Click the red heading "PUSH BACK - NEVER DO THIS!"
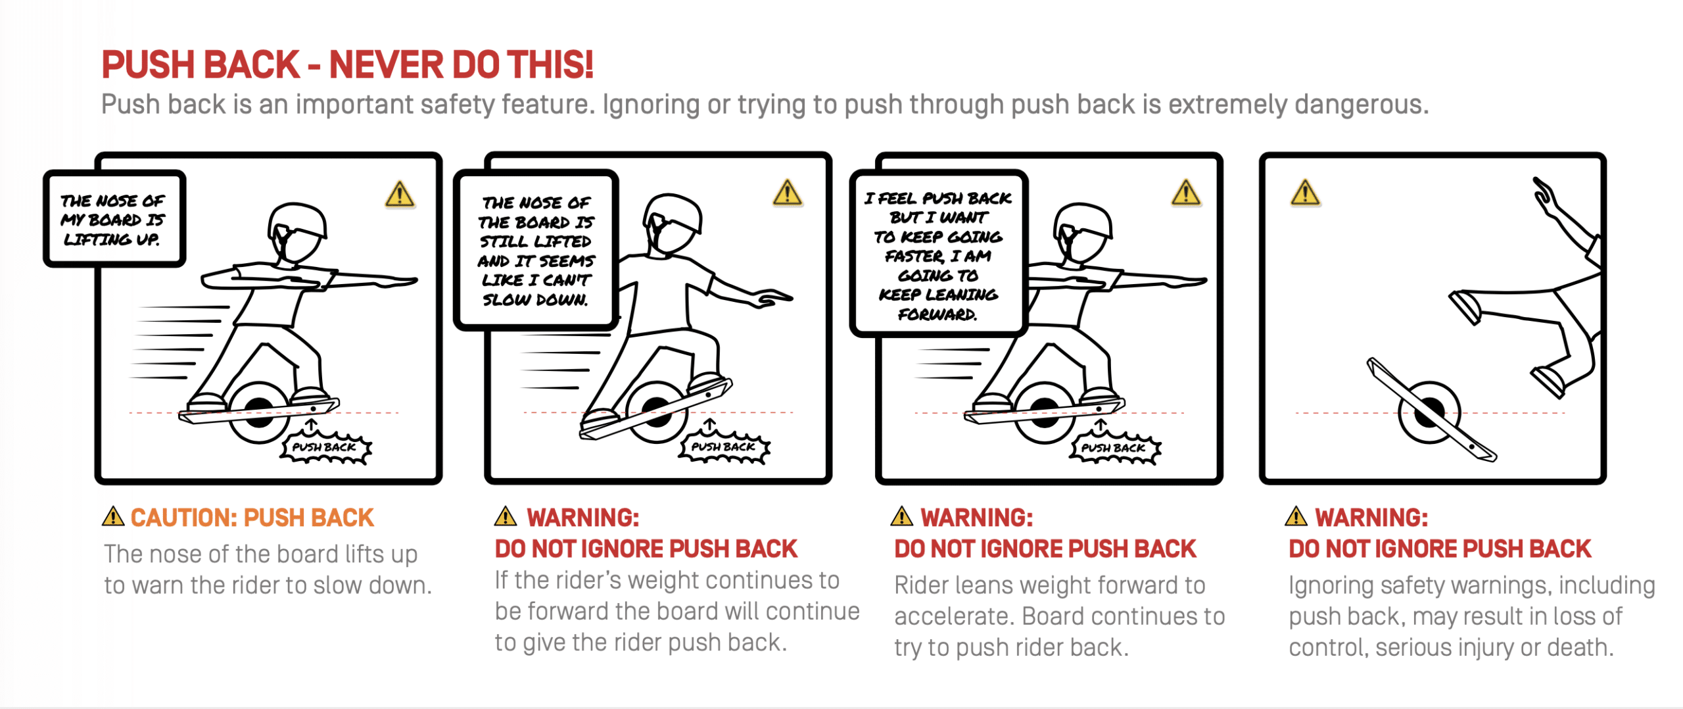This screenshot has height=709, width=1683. pos(347,64)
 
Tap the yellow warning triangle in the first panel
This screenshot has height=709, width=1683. pos(400,195)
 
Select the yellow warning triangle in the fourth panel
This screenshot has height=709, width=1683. pos(1305,193)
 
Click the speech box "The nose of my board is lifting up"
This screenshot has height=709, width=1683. pos(114,219)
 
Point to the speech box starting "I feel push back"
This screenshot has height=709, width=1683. pos(938,255)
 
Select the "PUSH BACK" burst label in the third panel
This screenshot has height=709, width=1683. pos(1114,448)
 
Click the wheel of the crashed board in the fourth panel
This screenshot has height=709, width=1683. pos(1430,413)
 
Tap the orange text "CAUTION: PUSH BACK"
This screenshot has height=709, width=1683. pos(252,518)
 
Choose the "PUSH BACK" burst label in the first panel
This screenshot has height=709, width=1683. pos(325,447)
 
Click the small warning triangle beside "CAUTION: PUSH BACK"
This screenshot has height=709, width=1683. pos(113,516)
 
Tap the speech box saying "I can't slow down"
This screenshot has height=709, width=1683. pos(536,251)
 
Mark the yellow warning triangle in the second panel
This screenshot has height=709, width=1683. pos(787,193)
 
